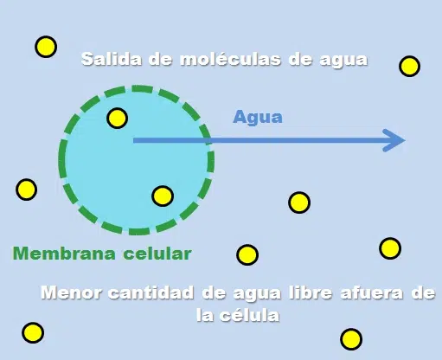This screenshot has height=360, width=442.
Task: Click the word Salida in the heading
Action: tap(112, 59)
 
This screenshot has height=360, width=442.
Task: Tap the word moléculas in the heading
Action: tap(230, 59)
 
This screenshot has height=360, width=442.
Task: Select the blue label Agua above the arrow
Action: tap(258, 117)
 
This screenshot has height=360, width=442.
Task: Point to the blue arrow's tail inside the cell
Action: tap(133, 140)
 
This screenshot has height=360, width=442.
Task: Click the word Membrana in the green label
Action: tap(64, 254)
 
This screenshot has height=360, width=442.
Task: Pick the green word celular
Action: tap(157, 254)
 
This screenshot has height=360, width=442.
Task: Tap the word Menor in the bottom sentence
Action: tap(72, 292)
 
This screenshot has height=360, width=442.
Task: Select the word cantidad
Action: tap(151, 292)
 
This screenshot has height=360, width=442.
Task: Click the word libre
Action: tap(311, 292)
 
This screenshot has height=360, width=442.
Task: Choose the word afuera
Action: tap(372, 292)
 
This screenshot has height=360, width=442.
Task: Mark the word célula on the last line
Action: tap(249, 314)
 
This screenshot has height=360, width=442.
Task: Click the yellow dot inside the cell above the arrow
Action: tap(118, 118)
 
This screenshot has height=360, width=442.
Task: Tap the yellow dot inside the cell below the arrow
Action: tap(163, 196)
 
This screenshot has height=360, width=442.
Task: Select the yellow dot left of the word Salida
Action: tap(46, 47)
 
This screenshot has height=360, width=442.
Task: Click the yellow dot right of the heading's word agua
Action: tap(409, 66)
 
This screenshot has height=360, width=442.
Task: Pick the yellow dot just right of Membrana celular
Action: tap(247, 254)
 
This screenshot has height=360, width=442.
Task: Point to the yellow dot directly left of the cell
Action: tap(26, 190)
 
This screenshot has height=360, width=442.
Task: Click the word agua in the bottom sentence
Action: tap(257, 293)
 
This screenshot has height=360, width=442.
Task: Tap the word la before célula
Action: tap(205, 314)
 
